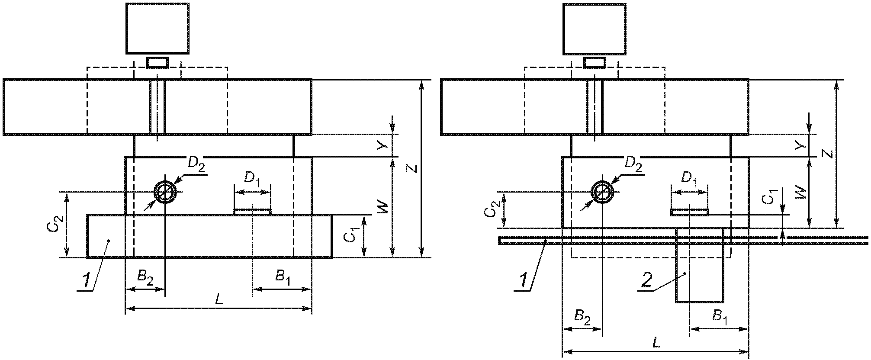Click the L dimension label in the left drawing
coord(219,299)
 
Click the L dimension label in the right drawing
coord(656,343)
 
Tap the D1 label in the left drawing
coord(252,178)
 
